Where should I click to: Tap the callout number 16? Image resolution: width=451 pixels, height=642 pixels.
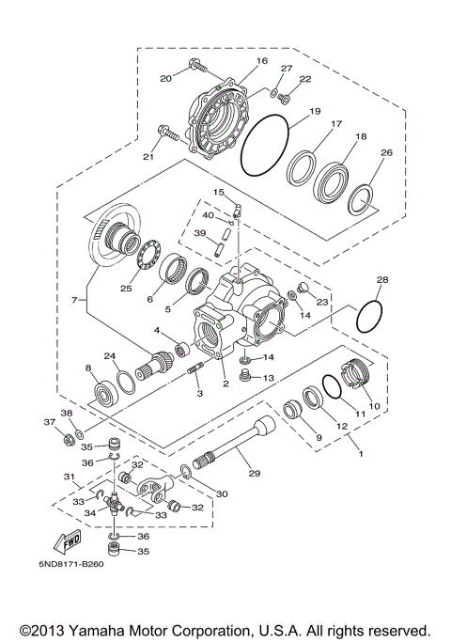261,61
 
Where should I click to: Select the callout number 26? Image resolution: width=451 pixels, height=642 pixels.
384,153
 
